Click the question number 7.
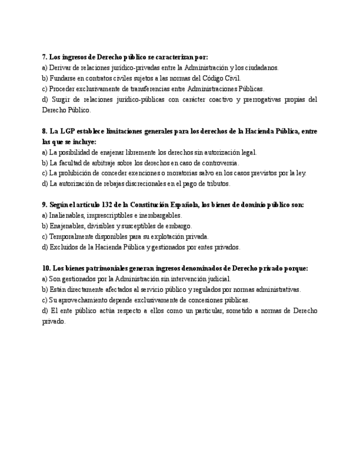(x=44, y=57)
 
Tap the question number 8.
(x=44, y=131)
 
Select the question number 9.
(x=44, y=205)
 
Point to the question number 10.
(x=46, y=268)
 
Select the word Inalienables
(x=67, y=215)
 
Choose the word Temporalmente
(x=70, y=236)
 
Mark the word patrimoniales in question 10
(x=90, y=268)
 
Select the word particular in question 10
(x=186, y=310)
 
